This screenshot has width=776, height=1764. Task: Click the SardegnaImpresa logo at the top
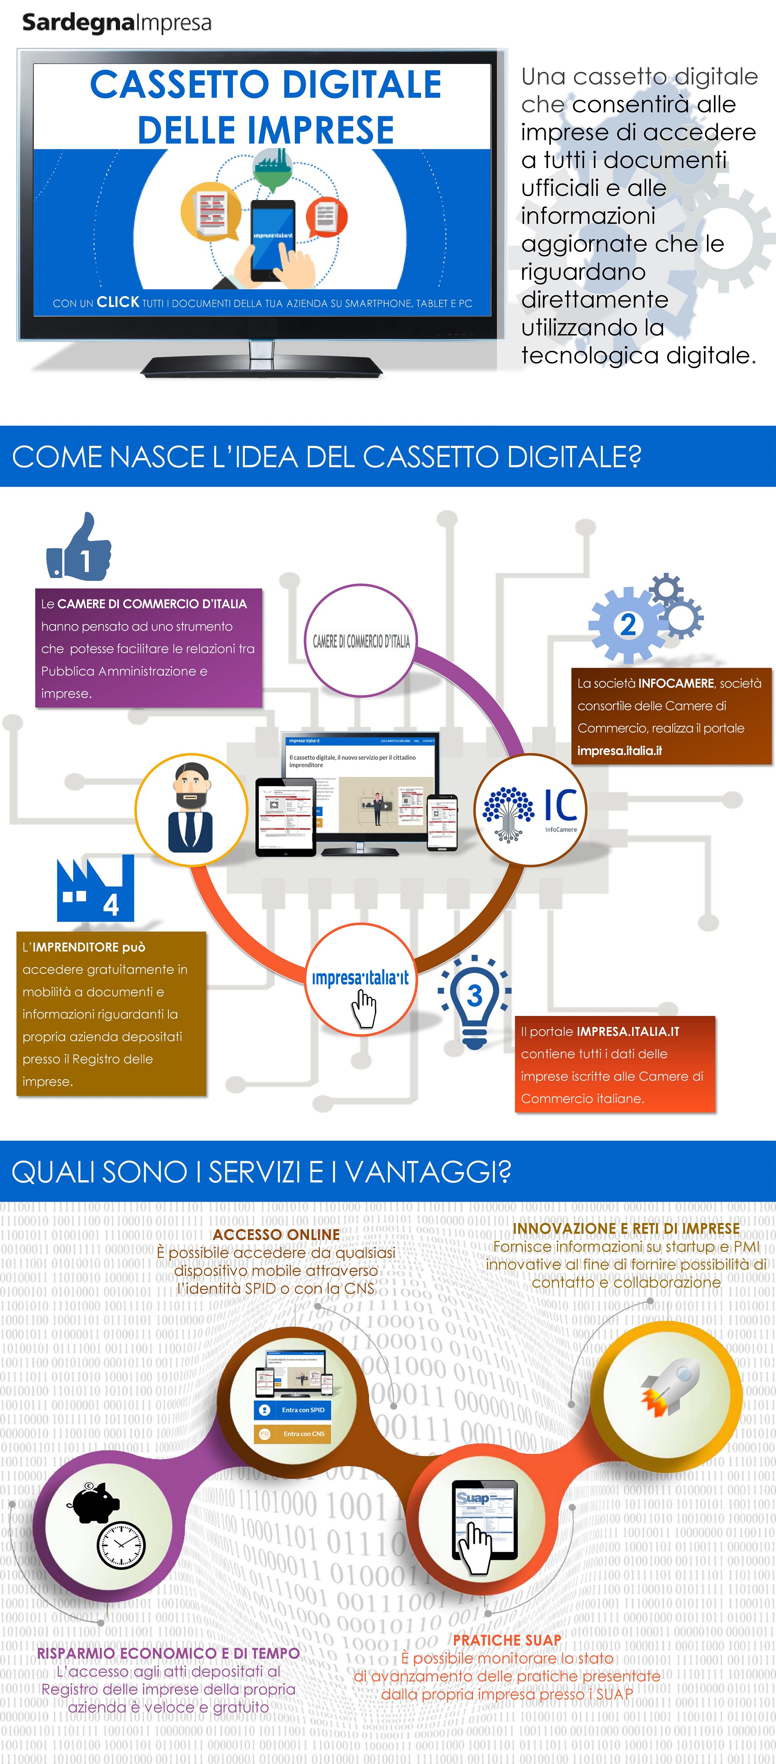point(117,23)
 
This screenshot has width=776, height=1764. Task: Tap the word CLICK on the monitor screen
point(118,302)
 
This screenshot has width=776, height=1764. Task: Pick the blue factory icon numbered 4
point(95,889)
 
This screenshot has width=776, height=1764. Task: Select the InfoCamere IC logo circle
point(530,809)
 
